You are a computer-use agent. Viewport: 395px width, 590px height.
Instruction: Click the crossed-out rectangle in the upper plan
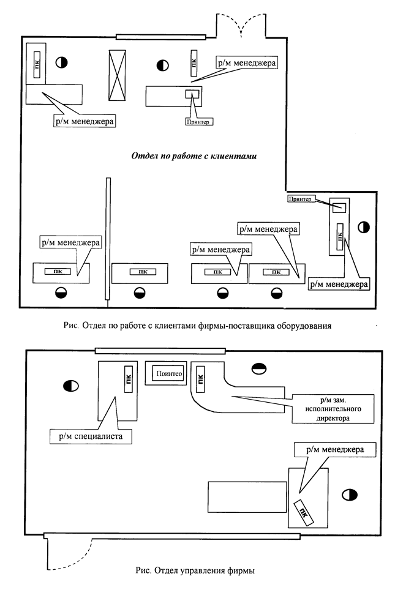coord(117,75)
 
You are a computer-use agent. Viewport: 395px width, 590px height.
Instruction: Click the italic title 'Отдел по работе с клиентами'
coord(194,156)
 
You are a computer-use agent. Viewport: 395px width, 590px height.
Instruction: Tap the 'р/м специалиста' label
coord(91,436)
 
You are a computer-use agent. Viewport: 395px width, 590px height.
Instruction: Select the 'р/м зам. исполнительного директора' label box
coord(333,409)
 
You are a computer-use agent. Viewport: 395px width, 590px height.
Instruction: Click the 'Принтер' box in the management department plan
coord(169,373)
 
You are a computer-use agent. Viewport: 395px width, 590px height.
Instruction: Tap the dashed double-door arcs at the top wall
coord(241,25)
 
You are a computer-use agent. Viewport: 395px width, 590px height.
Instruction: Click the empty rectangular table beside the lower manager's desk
coord(247,497)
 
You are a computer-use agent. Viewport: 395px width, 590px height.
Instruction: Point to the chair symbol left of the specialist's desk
coord(71,386)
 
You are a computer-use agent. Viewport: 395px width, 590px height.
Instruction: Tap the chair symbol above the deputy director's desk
coord(259,369)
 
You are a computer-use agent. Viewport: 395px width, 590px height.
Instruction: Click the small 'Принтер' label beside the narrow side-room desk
coord(300,199)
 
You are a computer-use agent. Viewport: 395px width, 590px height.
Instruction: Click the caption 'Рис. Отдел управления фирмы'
coord(195,570)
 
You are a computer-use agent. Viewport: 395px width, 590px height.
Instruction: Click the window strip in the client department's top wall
coord(161,37)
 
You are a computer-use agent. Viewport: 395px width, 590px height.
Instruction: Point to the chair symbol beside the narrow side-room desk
coord(363,227)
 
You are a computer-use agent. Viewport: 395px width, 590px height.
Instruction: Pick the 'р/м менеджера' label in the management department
coord(335,450)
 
